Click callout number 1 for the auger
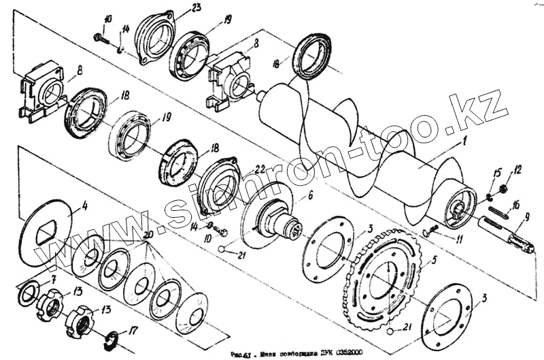click(x=465, y=143)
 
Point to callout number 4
click(x=84, y=203)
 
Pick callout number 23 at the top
click(x=196, y=7)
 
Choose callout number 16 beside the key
click(x=516, y=203)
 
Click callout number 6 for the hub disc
click(x=311, y=196)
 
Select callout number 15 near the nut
click(x=497, y=171)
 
